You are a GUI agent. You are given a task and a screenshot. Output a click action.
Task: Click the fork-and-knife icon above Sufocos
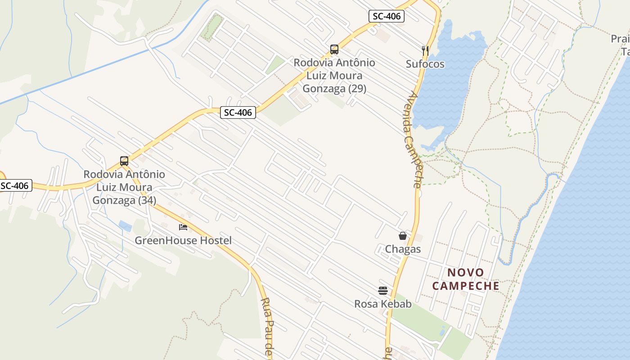pos(425,50)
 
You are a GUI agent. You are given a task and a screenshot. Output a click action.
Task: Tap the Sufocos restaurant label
pos(425,64)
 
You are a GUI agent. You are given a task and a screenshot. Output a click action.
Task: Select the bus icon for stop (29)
pos(334,49)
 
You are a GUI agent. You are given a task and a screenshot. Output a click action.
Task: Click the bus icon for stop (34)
pos(124,161)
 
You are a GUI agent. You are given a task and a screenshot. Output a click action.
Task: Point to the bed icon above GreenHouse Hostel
pos(183,227)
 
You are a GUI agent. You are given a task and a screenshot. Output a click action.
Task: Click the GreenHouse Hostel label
pos(183,241)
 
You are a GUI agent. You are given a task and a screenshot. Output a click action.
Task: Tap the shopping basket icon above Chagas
pos(403,236)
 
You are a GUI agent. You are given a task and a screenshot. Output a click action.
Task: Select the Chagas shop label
pos(403,249)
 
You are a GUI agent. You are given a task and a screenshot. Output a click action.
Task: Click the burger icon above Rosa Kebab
pos(383,291)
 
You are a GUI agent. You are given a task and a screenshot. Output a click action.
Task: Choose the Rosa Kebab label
pos(383,304)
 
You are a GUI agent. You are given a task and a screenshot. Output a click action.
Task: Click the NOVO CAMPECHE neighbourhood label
pos(466,279)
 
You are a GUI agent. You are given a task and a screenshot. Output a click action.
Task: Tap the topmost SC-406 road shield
pos(387,17)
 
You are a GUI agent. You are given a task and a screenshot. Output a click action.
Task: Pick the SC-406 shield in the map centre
pos(238,112)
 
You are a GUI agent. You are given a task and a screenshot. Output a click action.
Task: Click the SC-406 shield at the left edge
pos(15,185)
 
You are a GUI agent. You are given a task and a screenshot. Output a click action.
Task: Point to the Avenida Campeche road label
pos(412,139)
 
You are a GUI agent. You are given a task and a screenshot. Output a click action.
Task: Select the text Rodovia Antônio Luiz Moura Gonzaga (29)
pos(334,76)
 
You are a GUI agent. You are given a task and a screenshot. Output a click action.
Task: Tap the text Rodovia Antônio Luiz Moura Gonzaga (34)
pos(124,187)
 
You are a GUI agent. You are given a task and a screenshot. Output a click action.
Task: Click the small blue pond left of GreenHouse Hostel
pos(125,226)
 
